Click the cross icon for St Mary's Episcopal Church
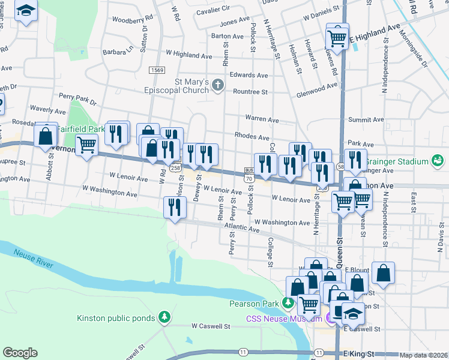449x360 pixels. pyautogui.click(x=218, y=86)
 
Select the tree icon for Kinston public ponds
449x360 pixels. pyautogui.click(x=164, y=317)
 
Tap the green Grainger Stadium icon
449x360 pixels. pyautogui.click(x=438, y=161)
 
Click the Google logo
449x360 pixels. pyautogui.click(x=20, y=353)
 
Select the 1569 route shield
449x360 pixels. pyautogui.click(x=157, y=71)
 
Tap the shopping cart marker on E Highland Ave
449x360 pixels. pyautogui.click(x=337, y=37)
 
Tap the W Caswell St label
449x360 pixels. pyautogui.click(x=211, y=326)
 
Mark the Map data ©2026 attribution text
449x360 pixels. pyautogui.click(x=423, y=355)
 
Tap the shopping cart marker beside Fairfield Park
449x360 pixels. pyautogui.click(x=86, y=144)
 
